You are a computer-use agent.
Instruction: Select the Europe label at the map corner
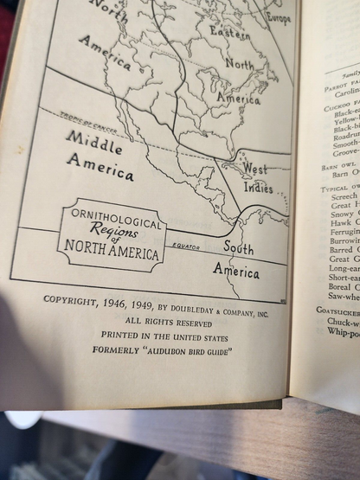click(279, 18)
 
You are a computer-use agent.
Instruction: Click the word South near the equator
click(238, 248)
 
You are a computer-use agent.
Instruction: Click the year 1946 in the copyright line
click(121, 300)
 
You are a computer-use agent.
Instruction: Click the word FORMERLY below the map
click(117, 350)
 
